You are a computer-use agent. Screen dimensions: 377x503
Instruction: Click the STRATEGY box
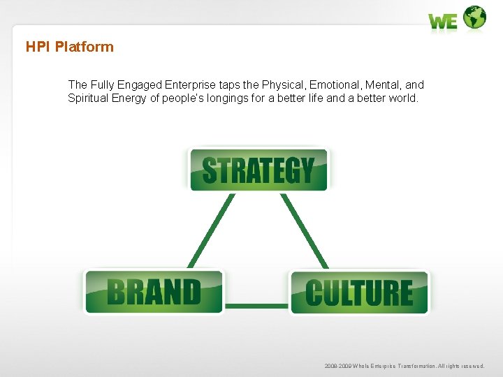point(258,170)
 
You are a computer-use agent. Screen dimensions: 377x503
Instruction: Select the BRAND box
point(154,292)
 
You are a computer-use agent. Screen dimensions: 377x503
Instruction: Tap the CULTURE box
point(359,293)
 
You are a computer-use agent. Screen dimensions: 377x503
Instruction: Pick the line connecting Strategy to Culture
point(305,230)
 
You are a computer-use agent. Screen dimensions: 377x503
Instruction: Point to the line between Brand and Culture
point(256,305)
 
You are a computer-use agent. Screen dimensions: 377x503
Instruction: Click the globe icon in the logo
point(475,17)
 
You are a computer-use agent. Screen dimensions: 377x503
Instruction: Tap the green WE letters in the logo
point(443,22)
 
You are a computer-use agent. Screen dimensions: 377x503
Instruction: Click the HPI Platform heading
point(69,47)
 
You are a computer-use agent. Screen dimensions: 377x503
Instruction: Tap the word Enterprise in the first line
point(189,84)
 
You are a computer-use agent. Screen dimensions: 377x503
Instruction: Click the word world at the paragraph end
point(403,98)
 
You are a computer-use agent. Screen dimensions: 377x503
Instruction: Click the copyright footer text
point(404,366)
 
